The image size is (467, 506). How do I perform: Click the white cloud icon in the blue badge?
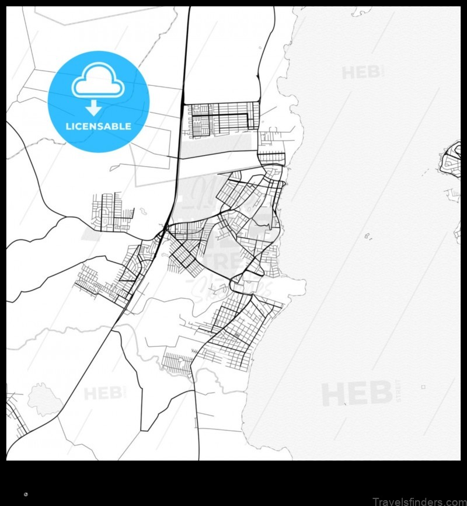pyautogui.click(x=97, y=83)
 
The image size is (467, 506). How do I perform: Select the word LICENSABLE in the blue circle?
pyautogui.click(x=98, y=126)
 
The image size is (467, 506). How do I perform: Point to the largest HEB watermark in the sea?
pyautogui.click(x=357, y=394)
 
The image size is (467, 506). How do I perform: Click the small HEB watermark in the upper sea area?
pyautogui.click(x=362, y=72)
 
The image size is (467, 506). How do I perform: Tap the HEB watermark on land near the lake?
pyautogui.click(x=104, y=393)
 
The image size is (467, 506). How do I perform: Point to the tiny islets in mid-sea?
pyautogui.click(x=368, y=236)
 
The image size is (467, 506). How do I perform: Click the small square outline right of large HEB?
pyautogui.click(x=423, y=386)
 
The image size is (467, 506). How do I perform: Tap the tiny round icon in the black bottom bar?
pyautogui.click(x=26, y=494)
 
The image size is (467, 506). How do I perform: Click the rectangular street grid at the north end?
pyautogui.click(x=222, y=119)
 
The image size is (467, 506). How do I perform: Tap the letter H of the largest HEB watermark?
pyautogui.click(x=333, y=394)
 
